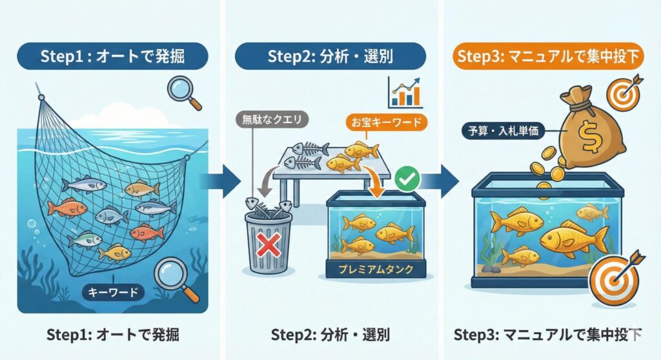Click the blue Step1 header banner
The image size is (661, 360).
[x=112, y=56]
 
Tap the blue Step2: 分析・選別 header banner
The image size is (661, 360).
[x=330, y=56]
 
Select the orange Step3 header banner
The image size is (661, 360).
[x=549, y=56]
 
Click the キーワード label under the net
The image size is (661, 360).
[x=113, y=292]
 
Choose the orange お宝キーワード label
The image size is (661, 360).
[x=386, y=122]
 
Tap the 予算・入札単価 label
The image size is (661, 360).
[x=503, y=131]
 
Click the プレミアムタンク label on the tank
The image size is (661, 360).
[x=376, y=269]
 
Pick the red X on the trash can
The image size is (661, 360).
[x=269, y=245]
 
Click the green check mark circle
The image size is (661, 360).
[x=407, y=179]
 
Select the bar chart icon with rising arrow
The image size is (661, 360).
[x=405, y=92]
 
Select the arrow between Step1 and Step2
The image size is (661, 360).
[x=220, y=181]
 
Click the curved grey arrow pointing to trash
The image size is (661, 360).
[x=265, y=182]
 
